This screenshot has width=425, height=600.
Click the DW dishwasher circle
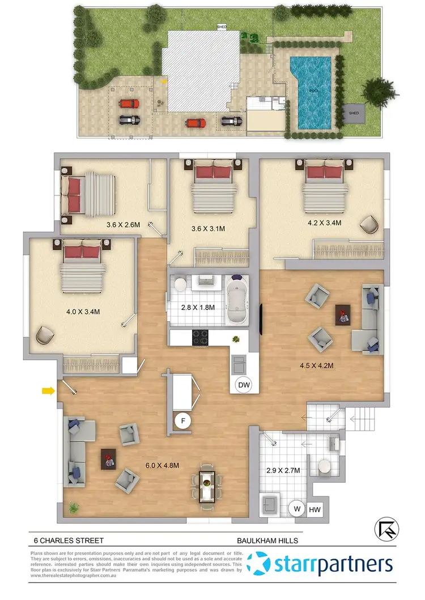(x=244, y=385)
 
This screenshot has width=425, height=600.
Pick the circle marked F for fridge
(x=182, y=421)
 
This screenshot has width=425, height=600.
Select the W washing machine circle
(x=296, y=509)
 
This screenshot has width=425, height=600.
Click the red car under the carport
(x=129, y=104)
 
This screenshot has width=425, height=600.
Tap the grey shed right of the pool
(x=354, y=113)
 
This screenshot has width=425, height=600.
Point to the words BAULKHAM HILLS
(x=267, y=541)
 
